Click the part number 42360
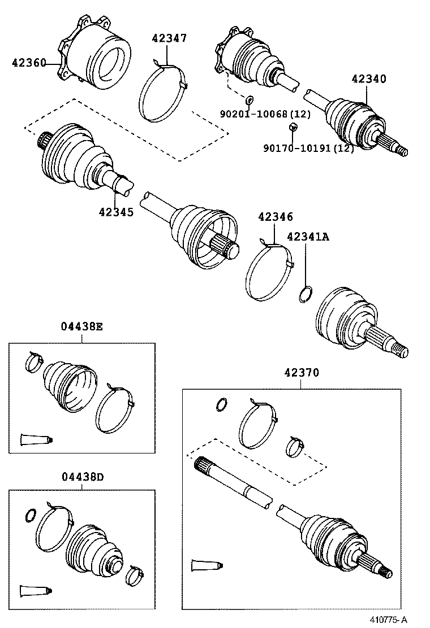(28, 63)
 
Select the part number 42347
(169, 38)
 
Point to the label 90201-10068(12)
(265, 114)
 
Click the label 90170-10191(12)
(308, 149)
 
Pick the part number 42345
(116, 212)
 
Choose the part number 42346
(276, 217)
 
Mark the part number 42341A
(307, 237)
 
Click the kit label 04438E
(81, 327)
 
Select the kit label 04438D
(81, 476)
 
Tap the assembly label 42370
(302, 373)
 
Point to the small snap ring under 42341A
(305, 294)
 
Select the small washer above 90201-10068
(249, 100)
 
